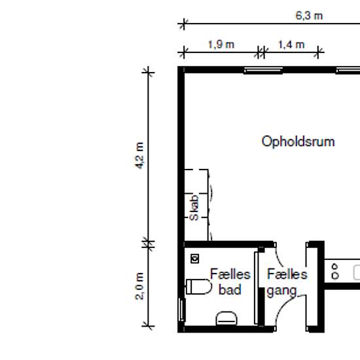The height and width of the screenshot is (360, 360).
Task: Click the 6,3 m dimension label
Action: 309,16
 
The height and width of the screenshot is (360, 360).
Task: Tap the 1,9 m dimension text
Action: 221,45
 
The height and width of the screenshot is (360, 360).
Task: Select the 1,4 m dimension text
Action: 291,45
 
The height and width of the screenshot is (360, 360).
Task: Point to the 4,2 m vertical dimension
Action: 139,155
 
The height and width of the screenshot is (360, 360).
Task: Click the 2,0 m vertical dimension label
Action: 139,286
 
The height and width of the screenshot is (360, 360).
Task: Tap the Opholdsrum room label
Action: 298,141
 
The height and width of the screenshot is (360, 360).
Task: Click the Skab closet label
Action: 194,207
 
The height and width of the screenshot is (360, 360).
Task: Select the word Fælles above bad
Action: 230,274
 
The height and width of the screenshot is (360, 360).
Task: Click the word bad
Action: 230,289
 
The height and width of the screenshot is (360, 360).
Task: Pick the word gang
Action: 281,291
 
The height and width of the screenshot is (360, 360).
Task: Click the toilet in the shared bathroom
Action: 198,287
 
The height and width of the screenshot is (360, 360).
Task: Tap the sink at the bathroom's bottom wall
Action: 226,318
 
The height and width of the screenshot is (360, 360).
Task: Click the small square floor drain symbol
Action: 195,259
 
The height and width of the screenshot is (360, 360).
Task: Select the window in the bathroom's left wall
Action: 182,310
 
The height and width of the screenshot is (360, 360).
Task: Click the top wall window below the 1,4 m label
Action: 263,70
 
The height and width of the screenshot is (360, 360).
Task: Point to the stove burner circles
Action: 335,272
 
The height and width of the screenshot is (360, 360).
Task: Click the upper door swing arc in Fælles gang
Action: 279,258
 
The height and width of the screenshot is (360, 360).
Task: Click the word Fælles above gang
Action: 287,274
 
